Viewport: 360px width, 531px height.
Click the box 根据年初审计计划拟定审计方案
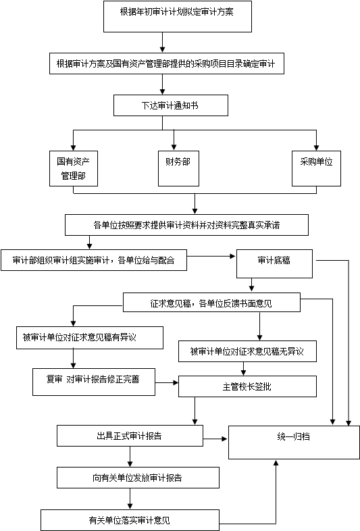coord(178,17)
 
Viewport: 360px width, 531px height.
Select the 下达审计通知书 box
coord(171,105)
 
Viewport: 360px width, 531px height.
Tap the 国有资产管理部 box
coord(74,169)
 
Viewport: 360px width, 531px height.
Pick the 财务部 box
coord(178,169)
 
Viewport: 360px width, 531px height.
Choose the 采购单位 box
coord(316,169)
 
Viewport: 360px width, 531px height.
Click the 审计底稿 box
coord(274,263)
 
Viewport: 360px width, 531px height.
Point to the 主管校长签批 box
coord(248,386)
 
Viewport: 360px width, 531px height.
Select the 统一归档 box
coord(294,442)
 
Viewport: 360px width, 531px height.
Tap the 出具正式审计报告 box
coord(130,436)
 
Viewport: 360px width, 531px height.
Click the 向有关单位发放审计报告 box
coord(138,478)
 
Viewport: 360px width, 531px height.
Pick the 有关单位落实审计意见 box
coord(130,520)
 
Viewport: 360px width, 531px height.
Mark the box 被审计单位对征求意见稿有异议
coord(90,338)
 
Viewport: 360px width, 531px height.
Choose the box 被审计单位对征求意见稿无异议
coord(248,351)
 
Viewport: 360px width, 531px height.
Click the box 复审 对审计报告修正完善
coord(94,382)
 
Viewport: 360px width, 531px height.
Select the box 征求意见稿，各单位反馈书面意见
coord(211,303)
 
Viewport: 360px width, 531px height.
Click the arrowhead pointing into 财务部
coord(174,147)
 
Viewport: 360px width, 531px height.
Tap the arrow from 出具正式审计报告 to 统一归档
coord(215,439)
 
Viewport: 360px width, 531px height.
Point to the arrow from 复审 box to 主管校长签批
coord(167,382)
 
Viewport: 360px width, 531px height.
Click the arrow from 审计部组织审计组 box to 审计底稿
coord(211,256)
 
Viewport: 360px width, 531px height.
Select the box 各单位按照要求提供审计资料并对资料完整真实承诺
coord(186,225)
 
